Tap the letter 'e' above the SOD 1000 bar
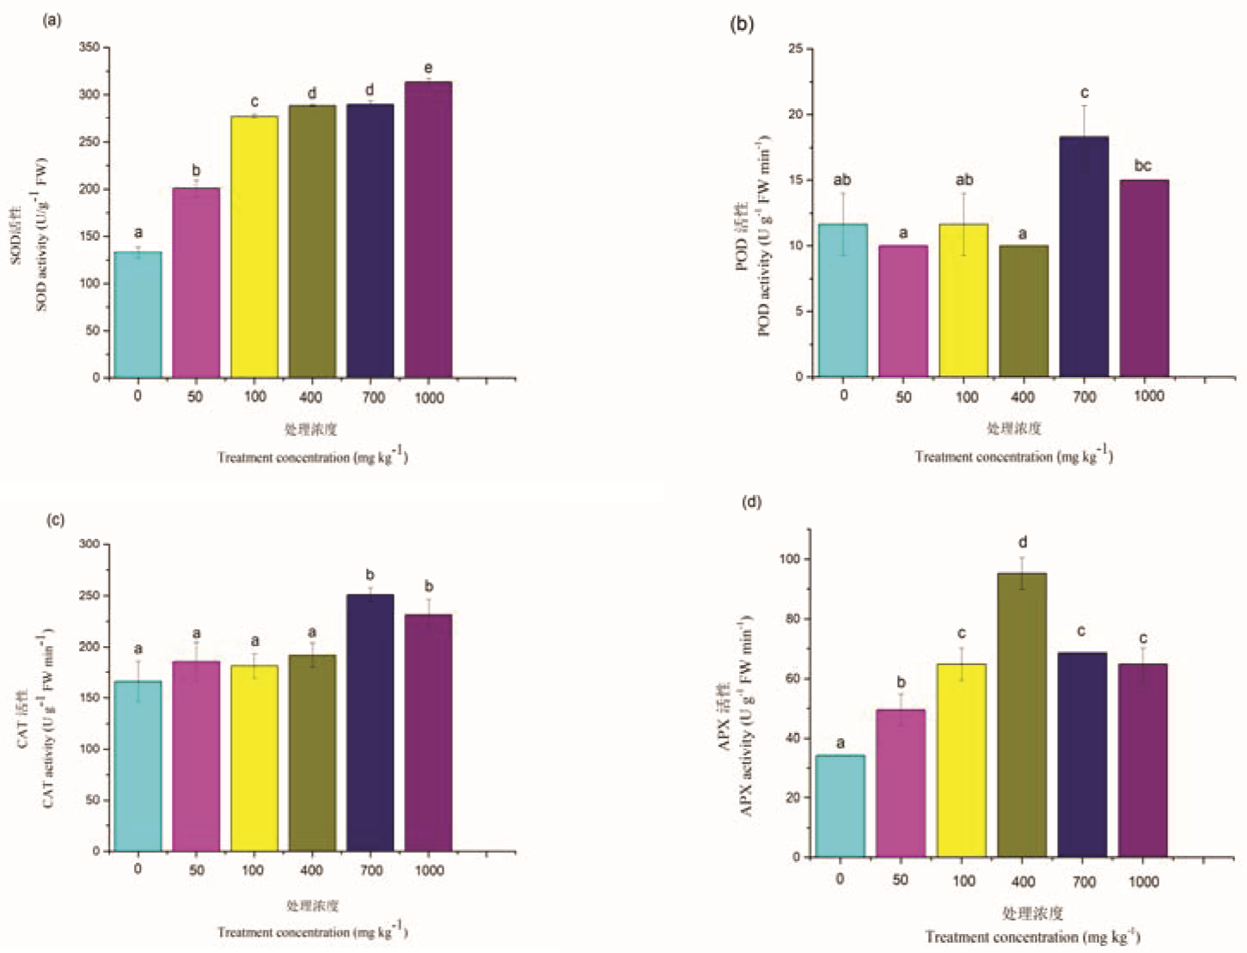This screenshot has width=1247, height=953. tap(428, 69)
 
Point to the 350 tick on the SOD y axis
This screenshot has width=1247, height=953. tap(89, 47)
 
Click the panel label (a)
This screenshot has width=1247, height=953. tap(52, 20)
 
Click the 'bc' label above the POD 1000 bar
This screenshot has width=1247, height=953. tap(1143, 166)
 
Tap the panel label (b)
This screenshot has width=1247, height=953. tap(742, 24)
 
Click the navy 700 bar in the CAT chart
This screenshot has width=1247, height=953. tap(370, 723)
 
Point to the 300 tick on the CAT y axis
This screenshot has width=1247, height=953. tap(89, 544)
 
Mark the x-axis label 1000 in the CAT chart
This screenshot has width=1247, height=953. tap(430, 871)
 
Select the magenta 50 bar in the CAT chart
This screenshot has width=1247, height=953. tap(196, 756)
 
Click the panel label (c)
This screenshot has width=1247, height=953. tap(55, 520)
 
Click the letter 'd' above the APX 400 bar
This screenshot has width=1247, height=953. tap(1023, 543)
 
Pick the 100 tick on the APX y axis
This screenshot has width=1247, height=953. tap(790, 559)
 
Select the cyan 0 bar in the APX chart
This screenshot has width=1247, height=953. tap(840, 806)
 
